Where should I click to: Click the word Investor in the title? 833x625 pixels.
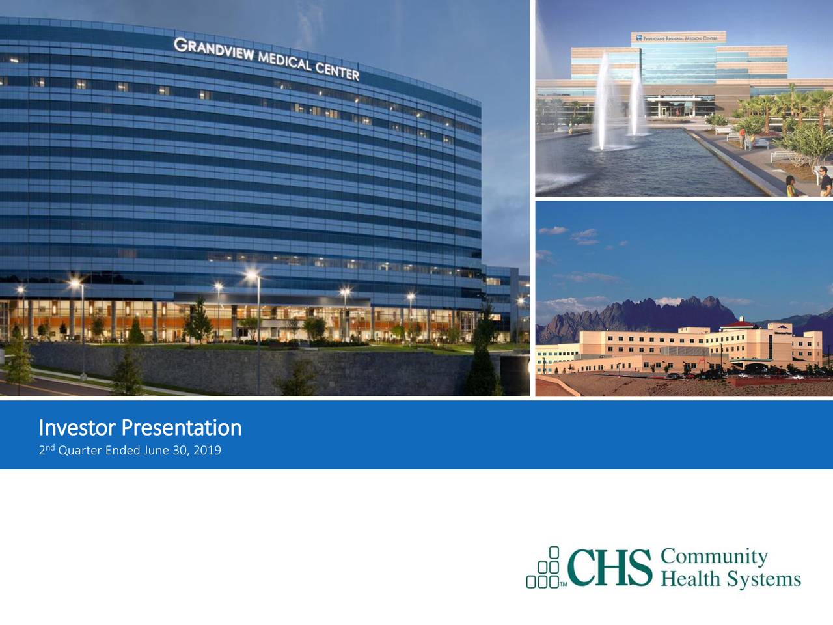(78, 428)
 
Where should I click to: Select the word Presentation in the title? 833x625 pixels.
(182, 428)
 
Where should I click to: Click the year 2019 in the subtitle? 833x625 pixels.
(208, 450)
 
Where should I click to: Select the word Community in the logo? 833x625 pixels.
(715, 557)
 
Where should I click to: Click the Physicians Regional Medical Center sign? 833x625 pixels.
(677, 38)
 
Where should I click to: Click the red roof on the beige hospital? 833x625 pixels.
(742, 323)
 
